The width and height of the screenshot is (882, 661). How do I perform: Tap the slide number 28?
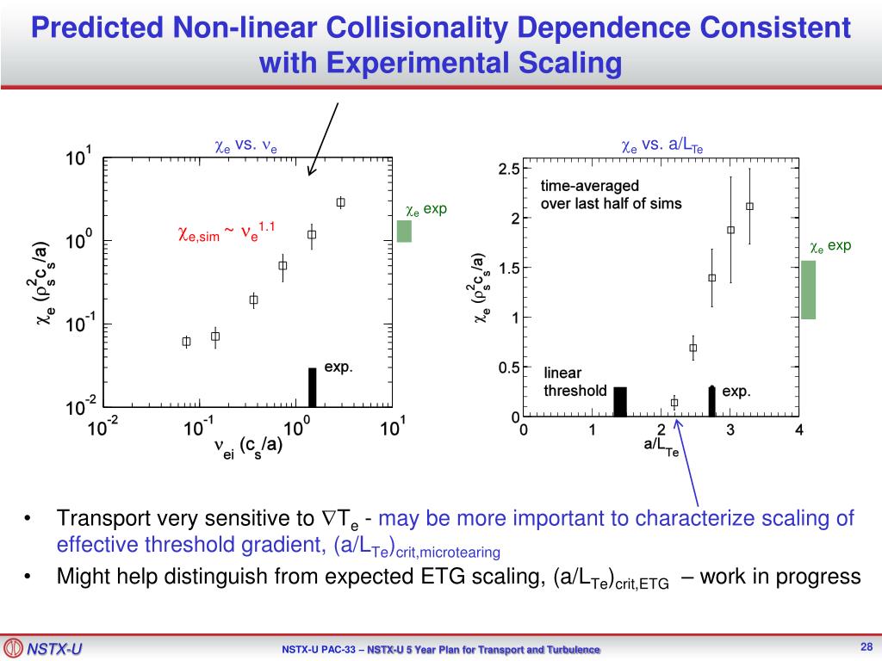click(x=867, y=647)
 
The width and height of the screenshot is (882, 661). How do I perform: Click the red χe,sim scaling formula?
click(x=226, y=232)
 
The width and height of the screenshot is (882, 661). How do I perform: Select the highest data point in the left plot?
click(x=340, y=202)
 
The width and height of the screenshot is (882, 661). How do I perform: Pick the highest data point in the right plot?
click(x=749, y=206)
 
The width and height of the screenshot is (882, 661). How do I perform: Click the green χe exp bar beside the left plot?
click(x=404, y=231)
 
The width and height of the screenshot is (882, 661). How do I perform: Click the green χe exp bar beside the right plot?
click(x=808, y=289)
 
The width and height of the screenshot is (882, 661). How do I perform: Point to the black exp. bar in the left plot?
click(x=313, y=387)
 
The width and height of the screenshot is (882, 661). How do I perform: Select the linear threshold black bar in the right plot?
click(x=619, y=402)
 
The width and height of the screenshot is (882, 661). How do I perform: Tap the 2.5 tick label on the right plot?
click(x=508, y=170)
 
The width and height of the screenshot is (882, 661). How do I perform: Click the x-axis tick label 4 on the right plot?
click(x=799, y=431)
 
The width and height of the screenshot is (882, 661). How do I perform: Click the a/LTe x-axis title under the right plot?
click(x=661, y=446)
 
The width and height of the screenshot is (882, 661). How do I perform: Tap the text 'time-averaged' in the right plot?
click(x=590, y=186)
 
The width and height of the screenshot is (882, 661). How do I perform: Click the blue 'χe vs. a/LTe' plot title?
click(x=662, y=147)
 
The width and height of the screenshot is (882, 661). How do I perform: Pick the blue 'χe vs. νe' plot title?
click(x=245, y=145)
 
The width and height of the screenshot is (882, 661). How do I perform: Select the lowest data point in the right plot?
click(x=674, y=402)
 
